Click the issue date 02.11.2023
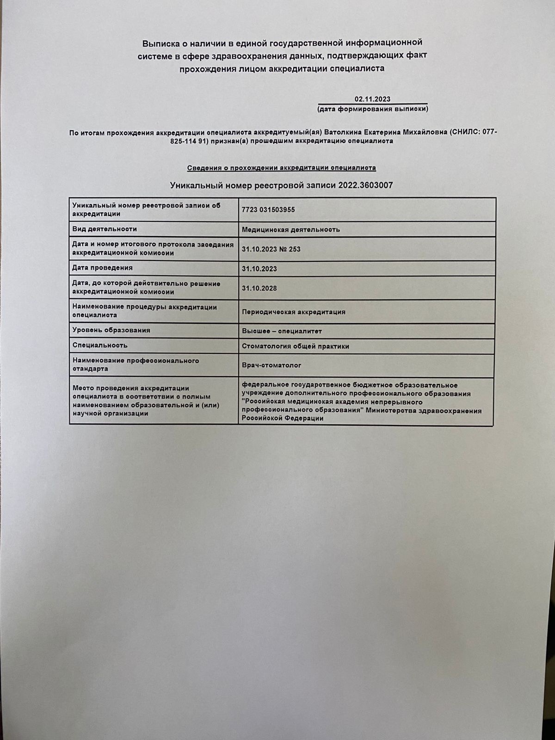click(x=372, y=99)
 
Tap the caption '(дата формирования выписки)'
click(x=372, y=109)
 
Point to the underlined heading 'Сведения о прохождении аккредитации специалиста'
click(x=281, y=167)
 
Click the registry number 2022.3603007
click(x=365, y=185)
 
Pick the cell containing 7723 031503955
click(x=268, y=210)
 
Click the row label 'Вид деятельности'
click(x=105, y=229)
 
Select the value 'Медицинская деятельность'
click(x=290, y=229)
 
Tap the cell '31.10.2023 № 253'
click(x=271, y=249)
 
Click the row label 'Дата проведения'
click(x=102, y=268)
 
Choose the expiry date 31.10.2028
click(x=259, y=288)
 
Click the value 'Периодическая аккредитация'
click(x=293, y=312)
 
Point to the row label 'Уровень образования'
click(x=111, y=330)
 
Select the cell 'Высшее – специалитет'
click(x=282, y=331)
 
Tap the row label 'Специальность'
click(x=100, y=345)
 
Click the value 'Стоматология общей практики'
click(x=295, y=346)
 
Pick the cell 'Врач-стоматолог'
click(x=271, y=365)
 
